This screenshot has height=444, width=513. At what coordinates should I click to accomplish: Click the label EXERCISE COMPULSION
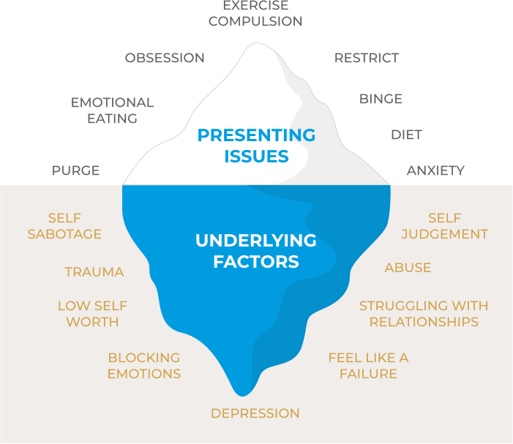pos(255,14)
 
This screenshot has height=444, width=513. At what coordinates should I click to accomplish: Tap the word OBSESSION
pos(165,58)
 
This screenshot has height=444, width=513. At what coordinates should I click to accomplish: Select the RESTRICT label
pos(367,58)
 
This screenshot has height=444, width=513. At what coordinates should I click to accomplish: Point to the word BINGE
pos(381,99)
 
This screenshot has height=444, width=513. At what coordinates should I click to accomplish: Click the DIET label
pos(406,135)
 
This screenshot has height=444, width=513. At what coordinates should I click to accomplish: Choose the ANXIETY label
pos(435,170)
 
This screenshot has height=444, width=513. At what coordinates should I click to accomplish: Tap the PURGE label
pos(75,170)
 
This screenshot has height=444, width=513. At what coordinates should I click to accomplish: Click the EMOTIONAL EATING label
pos(113,110)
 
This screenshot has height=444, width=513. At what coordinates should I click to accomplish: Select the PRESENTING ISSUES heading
pos(256,146)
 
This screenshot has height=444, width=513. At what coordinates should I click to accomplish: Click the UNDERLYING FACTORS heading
pos(256,250)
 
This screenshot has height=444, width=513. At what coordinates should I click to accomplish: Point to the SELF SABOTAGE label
pos(64,226)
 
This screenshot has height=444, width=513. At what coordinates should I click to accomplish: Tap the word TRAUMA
pos(94,272)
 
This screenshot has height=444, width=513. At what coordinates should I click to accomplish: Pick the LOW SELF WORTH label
pos(92,313)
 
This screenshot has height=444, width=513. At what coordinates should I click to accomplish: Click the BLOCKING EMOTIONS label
pos(144,366)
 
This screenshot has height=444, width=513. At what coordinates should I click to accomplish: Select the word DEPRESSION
pos(255,413)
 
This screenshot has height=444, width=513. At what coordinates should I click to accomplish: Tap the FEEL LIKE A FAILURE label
pos(368,366)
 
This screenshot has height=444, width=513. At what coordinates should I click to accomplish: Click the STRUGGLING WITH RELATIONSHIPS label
pos(424,313)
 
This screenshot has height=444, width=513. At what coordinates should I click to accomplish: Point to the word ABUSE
pos(408,268)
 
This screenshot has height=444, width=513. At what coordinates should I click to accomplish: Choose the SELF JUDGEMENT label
pos(445,226)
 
